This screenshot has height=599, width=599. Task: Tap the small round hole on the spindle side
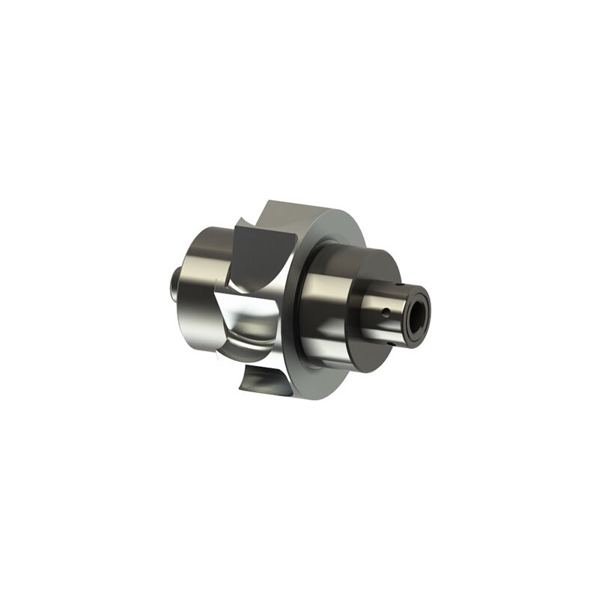384,310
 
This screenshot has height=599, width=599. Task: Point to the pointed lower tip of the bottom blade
240,389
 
